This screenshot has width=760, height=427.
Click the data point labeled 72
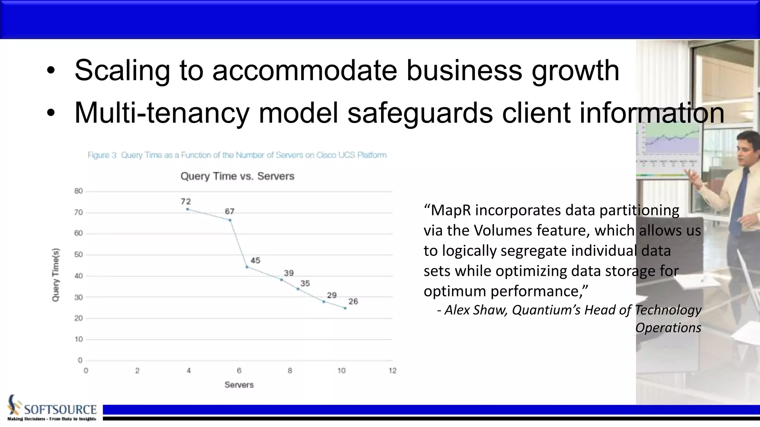coord(187,209)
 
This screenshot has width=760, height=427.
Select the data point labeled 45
coord(247,267)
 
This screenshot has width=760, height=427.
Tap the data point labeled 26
coord(345,308)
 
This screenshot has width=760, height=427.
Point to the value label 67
coord(230,211)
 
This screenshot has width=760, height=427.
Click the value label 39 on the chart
coord(289,273)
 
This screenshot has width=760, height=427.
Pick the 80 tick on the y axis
coord(78,191)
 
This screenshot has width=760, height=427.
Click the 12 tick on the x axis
coord(393,371)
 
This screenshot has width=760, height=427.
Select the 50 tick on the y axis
coord(78,255)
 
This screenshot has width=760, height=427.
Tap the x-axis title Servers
coord(239,385)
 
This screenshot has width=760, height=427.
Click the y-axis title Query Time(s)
coord(55,275)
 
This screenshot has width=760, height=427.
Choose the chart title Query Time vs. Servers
coord(237,176)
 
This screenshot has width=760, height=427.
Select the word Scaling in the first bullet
coord(122,70)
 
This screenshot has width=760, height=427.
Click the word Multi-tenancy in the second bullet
coord(161,113)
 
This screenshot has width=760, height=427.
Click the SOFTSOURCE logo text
coord(60,410)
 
